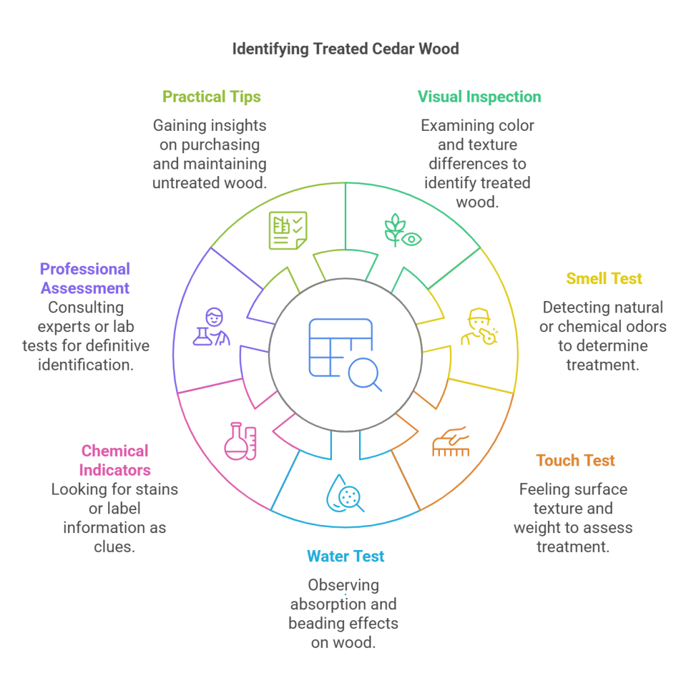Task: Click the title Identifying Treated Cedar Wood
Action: coord(345,49)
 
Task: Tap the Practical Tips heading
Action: coord(211,96)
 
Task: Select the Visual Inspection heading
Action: coord(479,96)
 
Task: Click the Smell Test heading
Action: coord(604,279)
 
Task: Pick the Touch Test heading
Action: coord(576,461)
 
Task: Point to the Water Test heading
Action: coord(345,556)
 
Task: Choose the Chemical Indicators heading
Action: coord(115,460)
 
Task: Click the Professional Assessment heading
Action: coord(85,279)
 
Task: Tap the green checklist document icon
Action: coord(288,230)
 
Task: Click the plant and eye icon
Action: coord(403,230)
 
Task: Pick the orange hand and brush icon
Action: coord(450,441)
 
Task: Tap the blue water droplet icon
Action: coord(345,493)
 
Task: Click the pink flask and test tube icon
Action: coord(240,441)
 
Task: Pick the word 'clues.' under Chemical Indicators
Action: coord(115,546)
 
